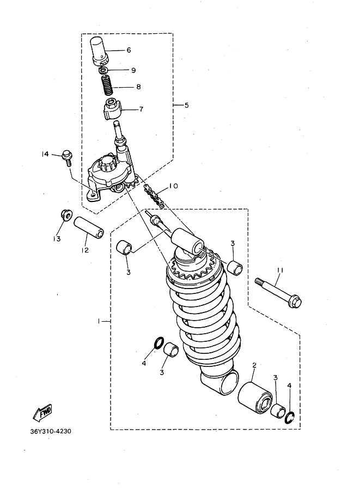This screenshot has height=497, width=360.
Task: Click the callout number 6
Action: point(129,50)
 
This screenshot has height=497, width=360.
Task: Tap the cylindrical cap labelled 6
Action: point(99,50)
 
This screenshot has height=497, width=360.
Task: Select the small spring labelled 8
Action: point(107,86)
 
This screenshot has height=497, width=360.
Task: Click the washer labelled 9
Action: point(103,71)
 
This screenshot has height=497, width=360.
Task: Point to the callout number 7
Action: point(141,109)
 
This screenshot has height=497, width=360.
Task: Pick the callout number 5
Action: point(186,105)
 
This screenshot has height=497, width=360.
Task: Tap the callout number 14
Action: point(45,155)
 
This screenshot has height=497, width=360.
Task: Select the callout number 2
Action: point(254,366)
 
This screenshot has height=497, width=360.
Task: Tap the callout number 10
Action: point(173,186)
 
